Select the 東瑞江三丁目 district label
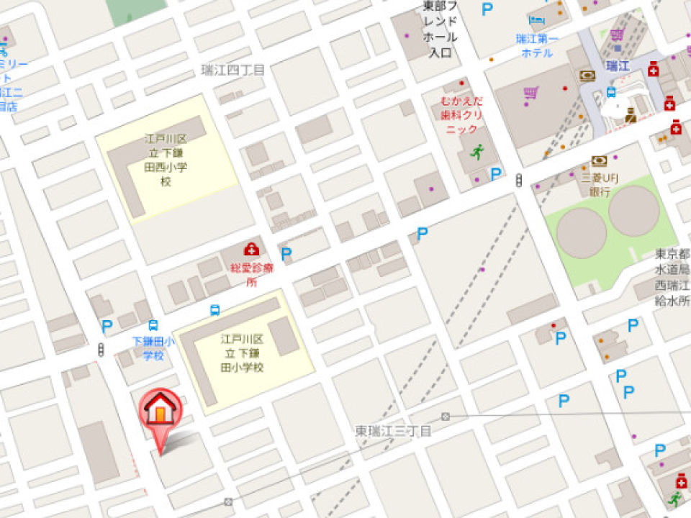[x=393, y=431]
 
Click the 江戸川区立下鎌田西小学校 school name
[x=167, y=160]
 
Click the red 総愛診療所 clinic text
[x=252, y=274]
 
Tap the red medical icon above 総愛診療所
[x=251, y=250]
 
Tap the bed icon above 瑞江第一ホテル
[x=536, y=19]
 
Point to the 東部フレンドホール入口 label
[x=440, y=29]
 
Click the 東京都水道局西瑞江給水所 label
[x=672, y=278]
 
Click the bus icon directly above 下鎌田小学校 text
[x=153, y=326]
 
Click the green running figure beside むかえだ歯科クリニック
[x=477, y=151]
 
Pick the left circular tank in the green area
[x=582, y=234]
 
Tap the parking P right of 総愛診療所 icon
[x=286, y=253]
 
